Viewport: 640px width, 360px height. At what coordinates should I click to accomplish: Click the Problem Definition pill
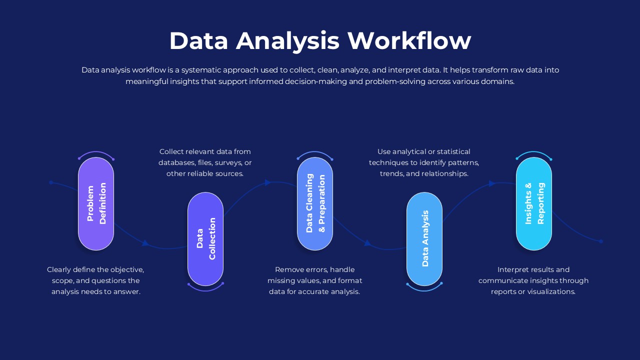click(96, 204)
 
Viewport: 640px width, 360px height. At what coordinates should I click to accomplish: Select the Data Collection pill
click(205, 239)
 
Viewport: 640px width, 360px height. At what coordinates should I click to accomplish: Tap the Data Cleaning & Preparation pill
click(315, 204)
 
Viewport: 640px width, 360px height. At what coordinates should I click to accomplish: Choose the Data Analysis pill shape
click(424, 239)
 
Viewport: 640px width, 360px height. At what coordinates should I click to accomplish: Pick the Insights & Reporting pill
click(534, 204)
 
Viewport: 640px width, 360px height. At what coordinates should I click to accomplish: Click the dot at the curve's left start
click(51, 182)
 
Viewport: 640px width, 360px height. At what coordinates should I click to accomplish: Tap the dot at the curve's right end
click(601, 241)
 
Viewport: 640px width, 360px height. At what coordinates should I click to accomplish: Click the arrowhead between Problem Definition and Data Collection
click(145, 243)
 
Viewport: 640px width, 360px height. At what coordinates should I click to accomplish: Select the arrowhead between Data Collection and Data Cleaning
click(267, 182)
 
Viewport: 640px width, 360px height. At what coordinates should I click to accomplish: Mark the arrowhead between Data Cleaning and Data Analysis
click(367, 243)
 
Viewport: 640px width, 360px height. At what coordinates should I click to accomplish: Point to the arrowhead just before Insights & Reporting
click(491, 183)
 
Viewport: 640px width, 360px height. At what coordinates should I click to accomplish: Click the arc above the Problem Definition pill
click(96, 152)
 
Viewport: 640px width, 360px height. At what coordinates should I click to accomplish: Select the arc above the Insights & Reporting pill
click(534, 152)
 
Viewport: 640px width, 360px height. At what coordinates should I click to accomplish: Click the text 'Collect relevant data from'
click(205, 151)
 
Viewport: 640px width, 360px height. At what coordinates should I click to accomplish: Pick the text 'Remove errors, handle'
click(314, 269)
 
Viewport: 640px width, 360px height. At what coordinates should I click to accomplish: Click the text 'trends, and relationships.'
click(424, 173)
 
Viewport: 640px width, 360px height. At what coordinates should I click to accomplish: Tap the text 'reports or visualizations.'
click(533, 291)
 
